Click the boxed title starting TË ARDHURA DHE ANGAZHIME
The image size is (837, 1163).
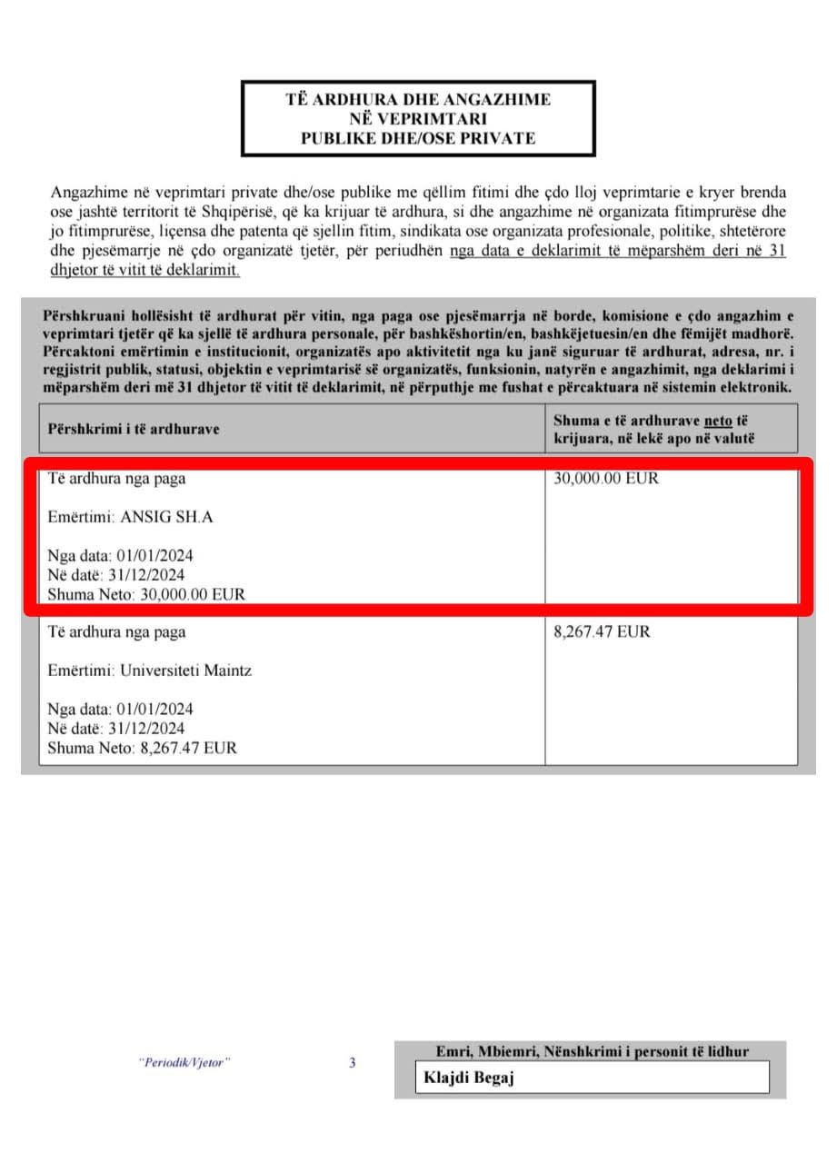coord(418,118)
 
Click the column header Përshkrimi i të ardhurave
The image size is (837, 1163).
coord(134,429)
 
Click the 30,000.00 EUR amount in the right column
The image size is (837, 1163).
coord(605,478)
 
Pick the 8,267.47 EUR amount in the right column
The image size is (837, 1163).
coord(602,631)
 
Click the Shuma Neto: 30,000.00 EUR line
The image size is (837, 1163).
coord(146,595)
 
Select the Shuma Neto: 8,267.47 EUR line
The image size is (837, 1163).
coord(142,749)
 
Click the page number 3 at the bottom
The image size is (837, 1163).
coord(353,1062)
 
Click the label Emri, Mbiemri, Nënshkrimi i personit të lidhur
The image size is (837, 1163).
coord(592,1052)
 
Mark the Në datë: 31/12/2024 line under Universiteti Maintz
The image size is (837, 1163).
coord(116,729)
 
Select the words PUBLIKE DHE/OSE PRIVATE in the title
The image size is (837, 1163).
coord(418,138)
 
